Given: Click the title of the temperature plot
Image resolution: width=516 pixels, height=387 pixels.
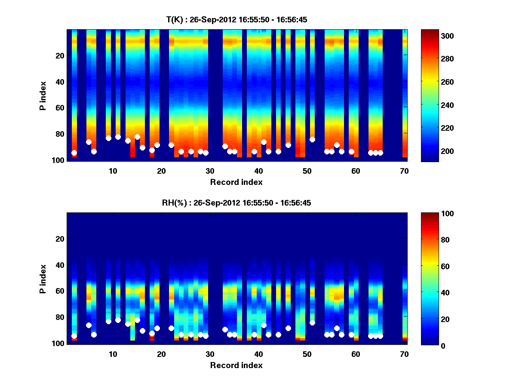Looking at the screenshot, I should pyautogui.click(x=236, y=20).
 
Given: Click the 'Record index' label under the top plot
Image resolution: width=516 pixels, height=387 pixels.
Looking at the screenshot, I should pyautogui.click(x=236, y=182).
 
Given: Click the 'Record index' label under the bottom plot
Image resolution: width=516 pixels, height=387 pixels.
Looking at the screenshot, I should pyautogui.click(x=236, y=365).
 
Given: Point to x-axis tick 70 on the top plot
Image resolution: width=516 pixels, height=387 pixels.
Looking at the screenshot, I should pyautogui.click(x=404, y=171).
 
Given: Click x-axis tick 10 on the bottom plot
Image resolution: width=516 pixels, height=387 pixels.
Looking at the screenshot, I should pyautogui.click(x=113, y=354).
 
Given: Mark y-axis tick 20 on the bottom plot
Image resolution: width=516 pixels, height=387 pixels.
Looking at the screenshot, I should pyautogui.click(x=60, y=239).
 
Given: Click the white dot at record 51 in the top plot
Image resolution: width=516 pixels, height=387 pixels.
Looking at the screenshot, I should pyautogui.click(x=312, y=139).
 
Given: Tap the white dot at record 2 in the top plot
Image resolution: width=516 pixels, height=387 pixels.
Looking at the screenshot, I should pyautogui.click(x=74, y=153).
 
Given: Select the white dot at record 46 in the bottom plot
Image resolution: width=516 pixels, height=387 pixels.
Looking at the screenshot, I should pyautogui.click(x=288, y=328).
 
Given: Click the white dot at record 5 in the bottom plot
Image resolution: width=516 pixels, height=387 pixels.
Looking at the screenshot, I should pyautogui.click(x=89, y=325).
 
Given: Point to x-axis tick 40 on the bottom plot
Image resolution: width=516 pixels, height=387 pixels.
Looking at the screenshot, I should pyautogui.click(x=258, y=354).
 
